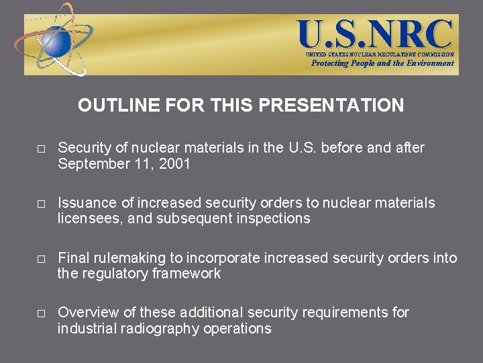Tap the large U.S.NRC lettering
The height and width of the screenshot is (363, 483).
point(376,33)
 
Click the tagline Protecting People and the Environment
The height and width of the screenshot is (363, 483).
point(382,63)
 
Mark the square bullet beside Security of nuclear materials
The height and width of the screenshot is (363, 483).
point(41,149)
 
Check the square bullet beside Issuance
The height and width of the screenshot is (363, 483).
point(41,204)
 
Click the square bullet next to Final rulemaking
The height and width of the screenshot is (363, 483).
point(41,259)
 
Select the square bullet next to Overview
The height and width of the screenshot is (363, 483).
point(41,314)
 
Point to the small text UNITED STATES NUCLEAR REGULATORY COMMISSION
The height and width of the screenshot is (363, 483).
point(380,54)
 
